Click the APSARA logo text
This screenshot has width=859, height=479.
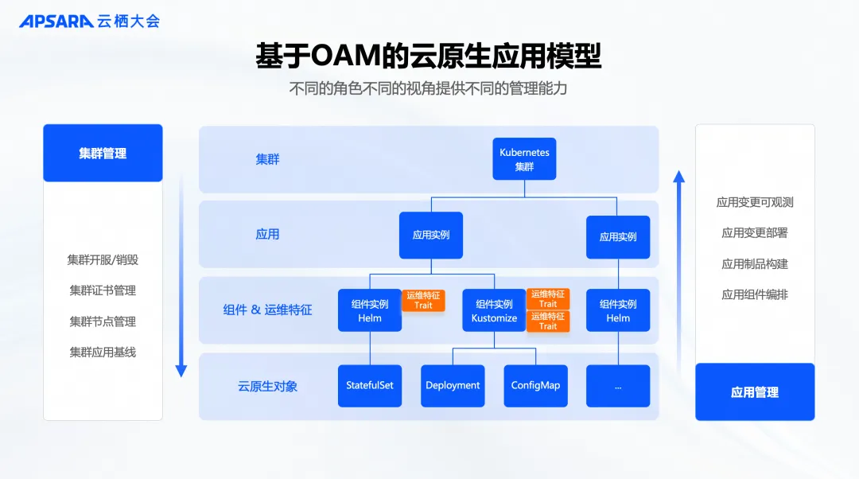[x=56, y=21]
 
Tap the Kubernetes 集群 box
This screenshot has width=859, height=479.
[x=524, y=159]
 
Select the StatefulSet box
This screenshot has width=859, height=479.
[x=370, y=386]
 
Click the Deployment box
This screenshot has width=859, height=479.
[x=453, y=386]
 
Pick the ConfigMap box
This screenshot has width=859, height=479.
[x=536, y=386]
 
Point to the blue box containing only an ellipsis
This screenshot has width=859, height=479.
[x=618, y=386]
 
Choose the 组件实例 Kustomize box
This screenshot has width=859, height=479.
[x=494, y=310]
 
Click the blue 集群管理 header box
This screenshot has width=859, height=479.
[x=103, y=153]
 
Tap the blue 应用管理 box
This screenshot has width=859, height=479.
[x=755, y=391]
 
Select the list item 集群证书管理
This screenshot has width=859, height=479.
[x=103, y=290]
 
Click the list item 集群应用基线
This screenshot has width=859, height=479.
[x=103, y=352]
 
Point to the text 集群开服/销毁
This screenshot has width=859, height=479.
[x=103, y=259]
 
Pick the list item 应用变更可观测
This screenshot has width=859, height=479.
[x=755, y=202]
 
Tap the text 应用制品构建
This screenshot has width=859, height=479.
[x=755, y=264]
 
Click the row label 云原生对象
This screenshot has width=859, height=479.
[x=267, y=387]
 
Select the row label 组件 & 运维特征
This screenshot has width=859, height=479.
[x=267, y=310]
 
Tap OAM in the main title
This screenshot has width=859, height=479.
[x=346, y=56]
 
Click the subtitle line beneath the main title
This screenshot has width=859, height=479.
[x=429, y=89]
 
